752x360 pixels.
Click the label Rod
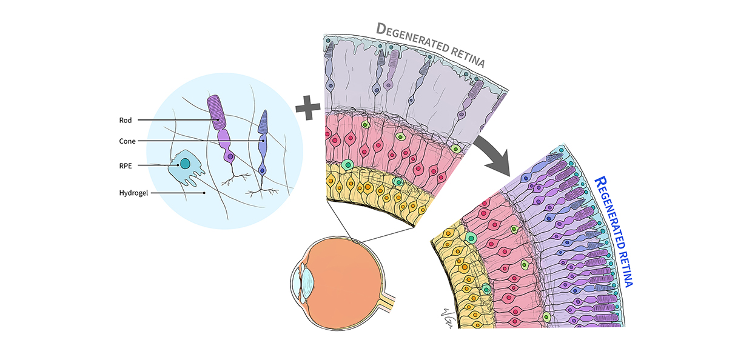[125, 120]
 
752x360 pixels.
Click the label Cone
[127, 141]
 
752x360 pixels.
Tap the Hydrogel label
[134, 193]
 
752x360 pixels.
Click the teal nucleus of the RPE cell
[184, 164]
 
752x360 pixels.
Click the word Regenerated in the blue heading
[609, 213]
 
